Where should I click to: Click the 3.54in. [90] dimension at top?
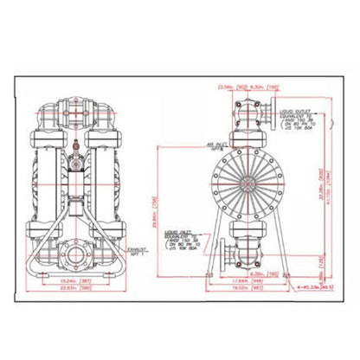(227, 87)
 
